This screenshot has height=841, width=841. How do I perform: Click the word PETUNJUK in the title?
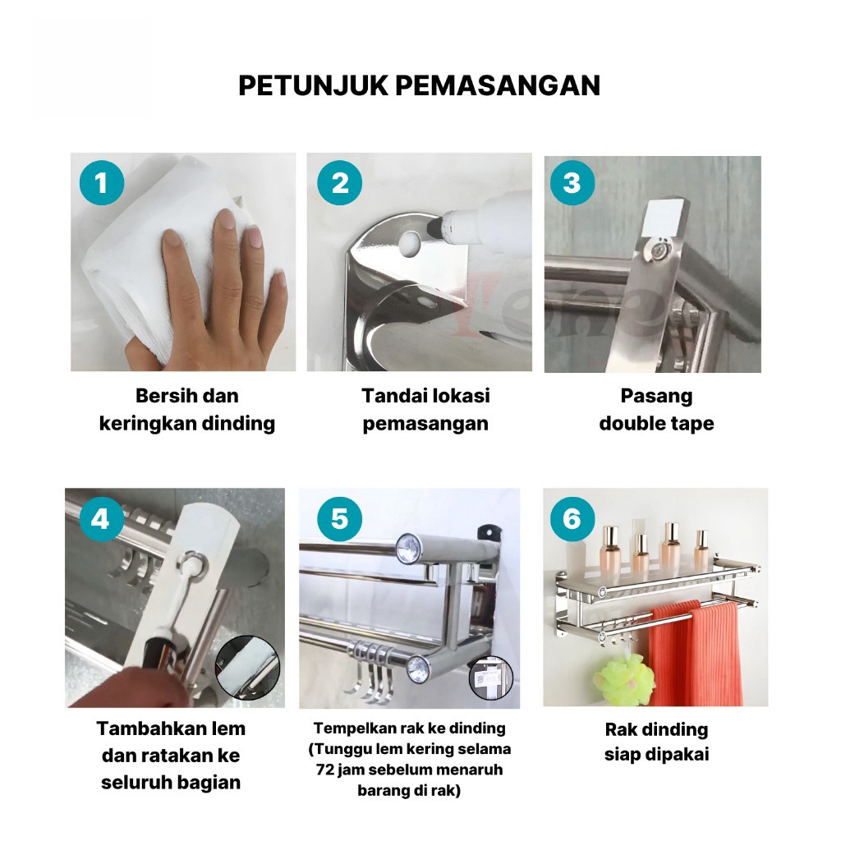[x=313, y=85]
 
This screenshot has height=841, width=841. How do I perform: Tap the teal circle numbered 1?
[x=102, y=183]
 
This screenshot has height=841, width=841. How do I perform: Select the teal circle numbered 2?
[x=339, y=183]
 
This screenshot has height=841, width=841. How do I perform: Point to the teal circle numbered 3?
[x=572, y=183]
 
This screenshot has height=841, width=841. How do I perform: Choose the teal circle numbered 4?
[x=101, y=519]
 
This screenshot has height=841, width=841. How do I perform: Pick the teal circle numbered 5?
[x=339, y=519]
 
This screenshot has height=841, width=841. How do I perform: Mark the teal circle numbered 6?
[x=572, y=519]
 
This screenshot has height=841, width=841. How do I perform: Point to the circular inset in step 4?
[x=248, y=668]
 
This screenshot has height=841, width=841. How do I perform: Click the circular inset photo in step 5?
[x=491, y=678]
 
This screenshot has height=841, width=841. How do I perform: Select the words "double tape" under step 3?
[x=656, y=424]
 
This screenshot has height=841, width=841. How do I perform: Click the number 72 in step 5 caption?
[x=325, y=770]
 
